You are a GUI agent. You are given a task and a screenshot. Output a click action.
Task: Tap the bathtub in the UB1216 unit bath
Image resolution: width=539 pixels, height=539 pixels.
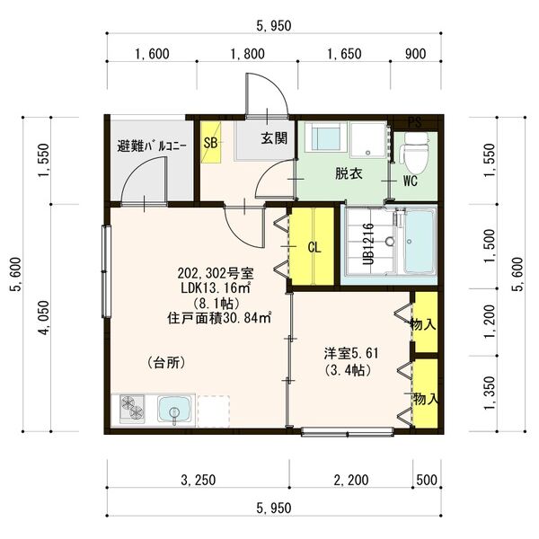[417, 243]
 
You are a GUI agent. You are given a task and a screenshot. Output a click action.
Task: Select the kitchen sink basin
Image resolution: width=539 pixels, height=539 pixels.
[172, 411]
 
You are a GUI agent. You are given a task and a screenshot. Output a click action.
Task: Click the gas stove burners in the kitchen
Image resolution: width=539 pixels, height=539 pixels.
[131, 410]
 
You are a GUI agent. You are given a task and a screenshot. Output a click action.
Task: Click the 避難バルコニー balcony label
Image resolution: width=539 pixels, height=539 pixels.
[152, 146]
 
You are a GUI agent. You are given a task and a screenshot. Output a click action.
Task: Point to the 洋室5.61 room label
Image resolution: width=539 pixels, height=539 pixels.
[351, 352]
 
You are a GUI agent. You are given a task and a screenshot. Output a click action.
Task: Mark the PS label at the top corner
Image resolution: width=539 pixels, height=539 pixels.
[413, 121]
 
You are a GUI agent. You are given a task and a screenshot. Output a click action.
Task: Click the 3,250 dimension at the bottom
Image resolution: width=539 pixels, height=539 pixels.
[198, 481]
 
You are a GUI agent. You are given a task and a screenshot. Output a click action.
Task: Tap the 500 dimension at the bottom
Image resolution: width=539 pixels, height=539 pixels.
[426, 481]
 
